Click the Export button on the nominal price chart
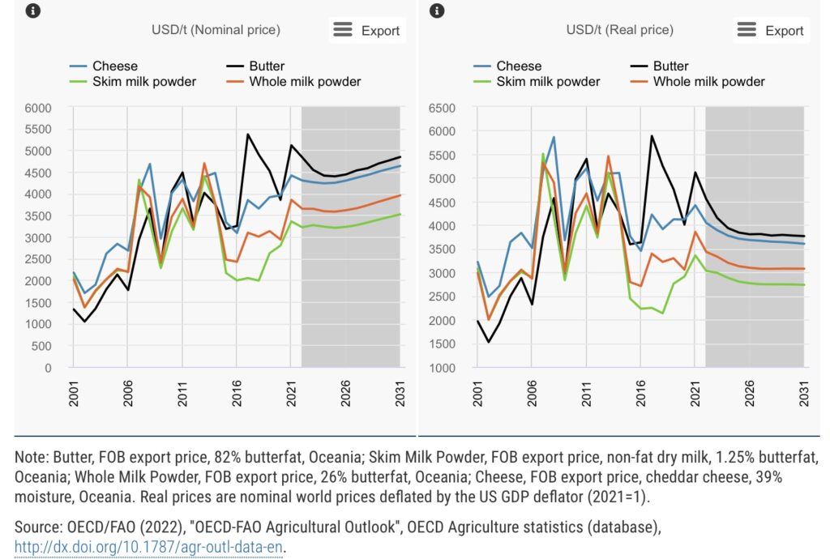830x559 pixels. (x=367, y=30)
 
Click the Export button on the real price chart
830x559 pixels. (x=771, y=30)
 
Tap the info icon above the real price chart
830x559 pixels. (x=437, y=11)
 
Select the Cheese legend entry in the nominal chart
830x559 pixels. (x=114, y=66)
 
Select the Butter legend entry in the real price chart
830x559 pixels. (x=670, y=66)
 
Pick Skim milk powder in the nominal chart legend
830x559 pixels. (x=143, y=81)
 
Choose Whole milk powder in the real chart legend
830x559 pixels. (x=708, y=81)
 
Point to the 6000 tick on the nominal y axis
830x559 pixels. (x=37, y=108)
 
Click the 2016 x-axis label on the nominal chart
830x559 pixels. (x=236, y=392)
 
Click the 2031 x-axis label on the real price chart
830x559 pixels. (x=803, y=392)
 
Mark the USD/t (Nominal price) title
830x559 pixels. (x=216, y=30)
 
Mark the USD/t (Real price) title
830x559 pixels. (x=619, y=30)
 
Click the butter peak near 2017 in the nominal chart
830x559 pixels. (x=247, y=134)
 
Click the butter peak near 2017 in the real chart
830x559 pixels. (x=651, y=136)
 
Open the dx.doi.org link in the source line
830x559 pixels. (x=150, y=546)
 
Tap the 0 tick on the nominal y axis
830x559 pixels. (x=48, y=368)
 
